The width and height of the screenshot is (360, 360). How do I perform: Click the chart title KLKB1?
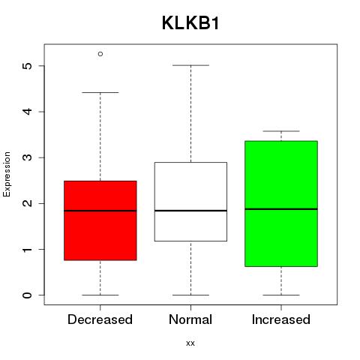[x=190, y=23]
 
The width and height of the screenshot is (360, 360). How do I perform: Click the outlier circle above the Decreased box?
[x=100, y=54]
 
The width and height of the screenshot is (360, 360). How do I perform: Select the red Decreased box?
[x=100, y=220]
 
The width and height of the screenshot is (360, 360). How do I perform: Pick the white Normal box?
[x=190, y=202]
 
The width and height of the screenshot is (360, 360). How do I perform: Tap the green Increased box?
[x=281, y=204]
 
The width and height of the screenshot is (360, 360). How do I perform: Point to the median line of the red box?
[x=100, y=211]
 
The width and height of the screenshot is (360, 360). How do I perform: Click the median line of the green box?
[x=281, y=209]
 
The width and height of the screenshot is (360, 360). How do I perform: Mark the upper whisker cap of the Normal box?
[x=190, y=65]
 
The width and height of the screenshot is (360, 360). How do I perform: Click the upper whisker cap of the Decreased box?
[x=100, y=92]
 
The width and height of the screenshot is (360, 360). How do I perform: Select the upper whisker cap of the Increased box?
[x=281, y=131]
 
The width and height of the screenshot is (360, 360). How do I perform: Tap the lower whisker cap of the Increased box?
[x=281, y=295]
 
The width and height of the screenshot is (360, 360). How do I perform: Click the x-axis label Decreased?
[x=100, y=319]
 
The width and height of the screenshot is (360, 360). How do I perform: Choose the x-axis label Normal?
[x=190, y=319]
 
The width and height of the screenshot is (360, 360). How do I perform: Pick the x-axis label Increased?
[x=281, y=319]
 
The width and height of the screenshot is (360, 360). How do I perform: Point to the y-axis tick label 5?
[x=28, y=66]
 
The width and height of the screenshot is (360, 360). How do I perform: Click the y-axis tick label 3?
[x=28, y=157]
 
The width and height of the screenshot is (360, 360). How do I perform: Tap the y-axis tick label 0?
[x=28, y=295]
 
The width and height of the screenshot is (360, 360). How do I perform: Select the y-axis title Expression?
[x=7, y=174]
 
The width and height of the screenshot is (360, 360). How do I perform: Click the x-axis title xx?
[x=190, y=343]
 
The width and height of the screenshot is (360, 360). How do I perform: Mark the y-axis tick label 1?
[x=28, y=249]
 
